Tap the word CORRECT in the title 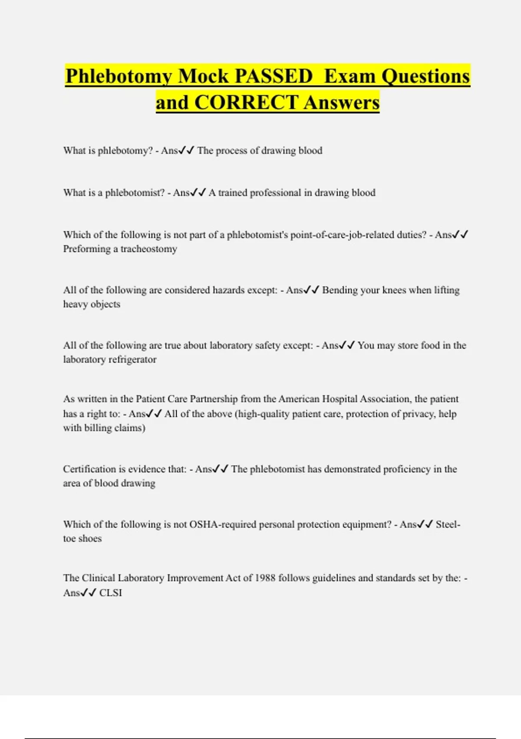click(246, 103)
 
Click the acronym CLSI click(111, 593)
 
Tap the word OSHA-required click(223, 525)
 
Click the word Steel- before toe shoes click(448, 525)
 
